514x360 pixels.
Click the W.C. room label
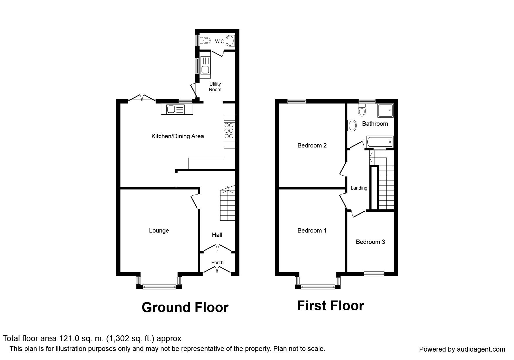(220, 42)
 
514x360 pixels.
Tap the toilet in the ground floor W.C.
(205, 40)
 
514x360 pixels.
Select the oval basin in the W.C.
(230, 40)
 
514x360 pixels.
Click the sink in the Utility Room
(205, 65)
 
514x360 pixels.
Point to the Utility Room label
(215, 87)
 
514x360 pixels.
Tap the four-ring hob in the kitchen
(229, 130)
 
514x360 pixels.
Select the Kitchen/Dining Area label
(178, 136)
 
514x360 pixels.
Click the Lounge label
(159, 231)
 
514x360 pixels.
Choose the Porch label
(217, 262)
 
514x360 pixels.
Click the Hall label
(217, 235)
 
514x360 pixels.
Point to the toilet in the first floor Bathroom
(362, 109)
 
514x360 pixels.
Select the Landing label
(359, 188)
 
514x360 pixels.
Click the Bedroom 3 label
(370, 242)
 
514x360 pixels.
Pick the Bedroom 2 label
(312, 145)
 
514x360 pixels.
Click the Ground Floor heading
(185, 307)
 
